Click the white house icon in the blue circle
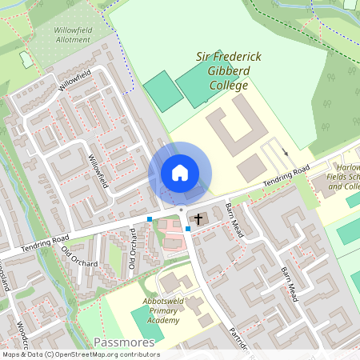click(180, 173)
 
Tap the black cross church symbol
click(198, 218)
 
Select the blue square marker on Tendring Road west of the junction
click(150, 218)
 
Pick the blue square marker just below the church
click(188, 229)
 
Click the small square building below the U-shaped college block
click(251, 167)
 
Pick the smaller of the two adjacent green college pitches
click(162, 92)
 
